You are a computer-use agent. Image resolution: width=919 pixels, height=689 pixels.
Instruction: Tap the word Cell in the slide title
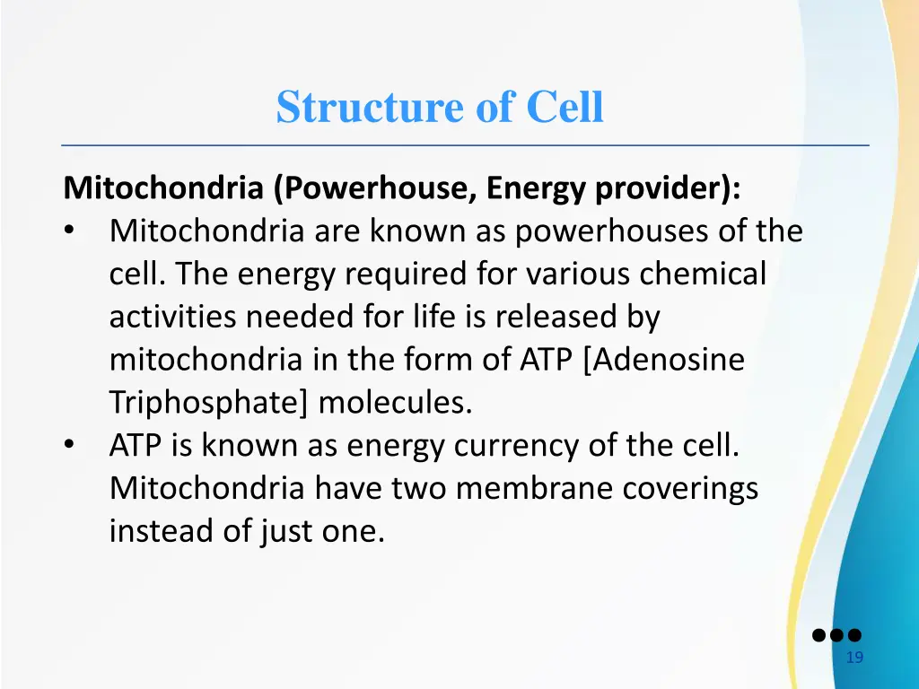565,108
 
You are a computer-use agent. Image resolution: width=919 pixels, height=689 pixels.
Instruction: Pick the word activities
172,318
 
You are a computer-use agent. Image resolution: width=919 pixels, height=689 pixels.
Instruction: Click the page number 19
854,658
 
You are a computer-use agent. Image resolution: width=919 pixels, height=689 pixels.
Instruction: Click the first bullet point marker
70,232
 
